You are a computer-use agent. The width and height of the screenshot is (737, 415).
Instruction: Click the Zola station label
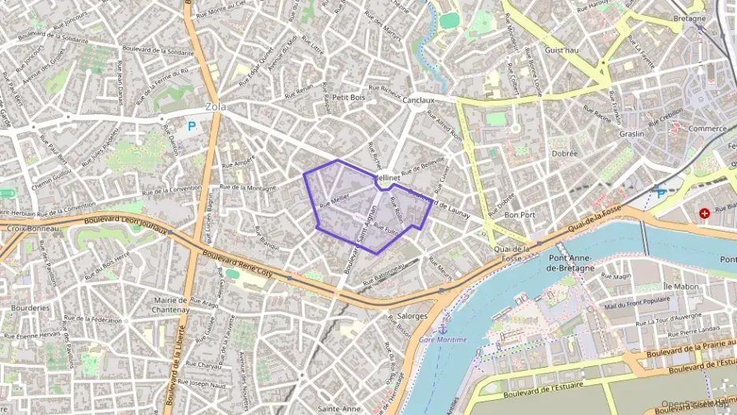215,107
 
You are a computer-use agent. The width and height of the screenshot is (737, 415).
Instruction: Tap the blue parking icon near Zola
191,124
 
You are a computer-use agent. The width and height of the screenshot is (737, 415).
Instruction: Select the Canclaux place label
418,101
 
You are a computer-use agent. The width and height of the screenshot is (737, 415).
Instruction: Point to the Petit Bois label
348,98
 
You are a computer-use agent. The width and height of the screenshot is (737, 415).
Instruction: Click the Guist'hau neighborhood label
561,49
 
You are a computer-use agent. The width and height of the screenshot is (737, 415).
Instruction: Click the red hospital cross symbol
704,213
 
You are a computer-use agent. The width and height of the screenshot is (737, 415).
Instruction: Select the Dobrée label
564,154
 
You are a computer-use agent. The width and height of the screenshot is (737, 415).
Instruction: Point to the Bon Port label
520,214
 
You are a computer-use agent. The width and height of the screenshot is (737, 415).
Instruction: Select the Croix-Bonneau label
28,229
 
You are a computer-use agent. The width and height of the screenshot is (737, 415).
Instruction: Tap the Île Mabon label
659,286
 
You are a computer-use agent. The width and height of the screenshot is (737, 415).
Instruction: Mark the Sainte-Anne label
339,409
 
